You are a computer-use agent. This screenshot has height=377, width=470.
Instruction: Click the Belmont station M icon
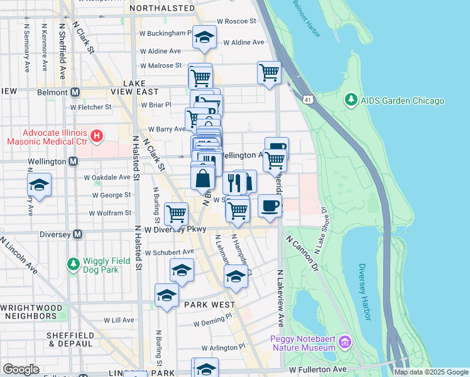[75, 92]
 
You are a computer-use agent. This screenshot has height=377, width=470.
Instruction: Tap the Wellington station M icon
[75, 161]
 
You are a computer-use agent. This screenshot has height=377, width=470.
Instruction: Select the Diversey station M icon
[77, 234]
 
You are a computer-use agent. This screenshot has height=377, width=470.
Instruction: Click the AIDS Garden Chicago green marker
[350, 101]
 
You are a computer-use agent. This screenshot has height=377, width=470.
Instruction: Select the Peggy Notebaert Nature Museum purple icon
[344, 342]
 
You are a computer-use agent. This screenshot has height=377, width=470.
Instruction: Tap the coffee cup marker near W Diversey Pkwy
[270, 206]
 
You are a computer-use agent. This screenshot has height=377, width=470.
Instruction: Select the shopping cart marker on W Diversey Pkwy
[176, 214]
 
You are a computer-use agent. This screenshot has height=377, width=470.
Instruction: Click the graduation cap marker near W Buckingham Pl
[204, 37]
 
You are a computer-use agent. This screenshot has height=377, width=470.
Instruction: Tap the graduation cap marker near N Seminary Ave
[39, 185]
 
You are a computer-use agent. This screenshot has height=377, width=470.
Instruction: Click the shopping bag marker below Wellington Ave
[203, 178]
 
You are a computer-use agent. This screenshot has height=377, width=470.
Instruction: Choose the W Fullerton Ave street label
[317, 369]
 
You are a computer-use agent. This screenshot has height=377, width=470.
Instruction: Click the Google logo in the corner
[21, 369]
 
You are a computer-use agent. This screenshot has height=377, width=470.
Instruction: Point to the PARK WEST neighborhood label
[209, 305]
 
